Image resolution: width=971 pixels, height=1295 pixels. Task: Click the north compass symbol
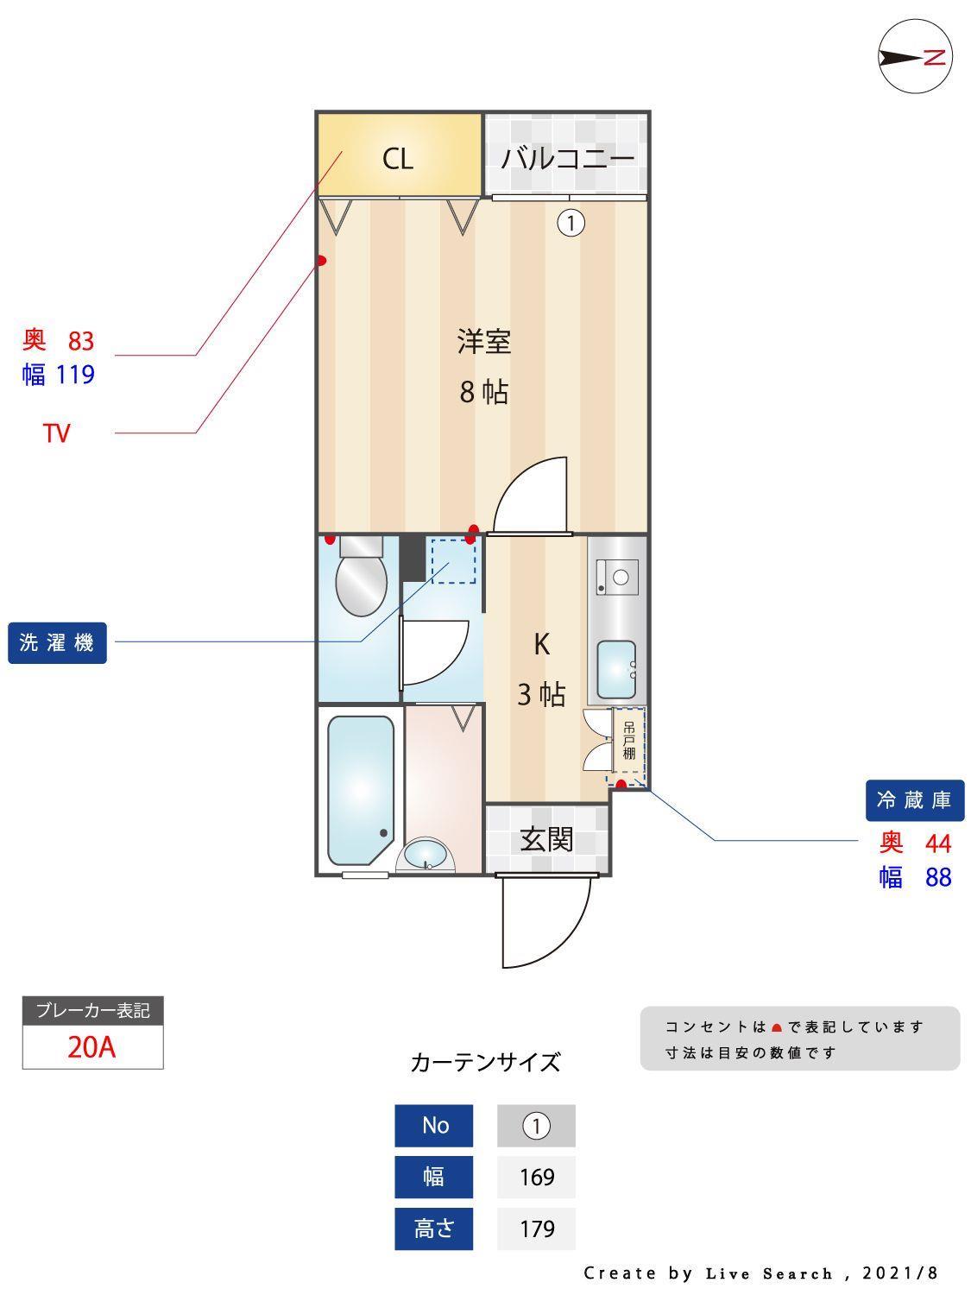915,57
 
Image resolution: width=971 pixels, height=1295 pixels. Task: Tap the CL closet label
398,159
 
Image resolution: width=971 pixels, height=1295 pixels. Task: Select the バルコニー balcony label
567,158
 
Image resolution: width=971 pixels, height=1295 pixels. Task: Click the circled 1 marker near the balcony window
571,224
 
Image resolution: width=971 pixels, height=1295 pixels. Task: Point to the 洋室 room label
483,342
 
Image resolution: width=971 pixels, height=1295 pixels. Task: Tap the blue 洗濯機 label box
57,643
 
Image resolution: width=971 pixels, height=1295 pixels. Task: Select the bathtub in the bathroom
361,790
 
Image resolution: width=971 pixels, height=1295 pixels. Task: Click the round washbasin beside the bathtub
426,856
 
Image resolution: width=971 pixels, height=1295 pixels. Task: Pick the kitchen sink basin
616,669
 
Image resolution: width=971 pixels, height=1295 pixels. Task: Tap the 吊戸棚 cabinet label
628,740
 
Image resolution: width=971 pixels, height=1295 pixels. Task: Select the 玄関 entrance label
546,839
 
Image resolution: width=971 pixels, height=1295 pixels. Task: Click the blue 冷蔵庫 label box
914,800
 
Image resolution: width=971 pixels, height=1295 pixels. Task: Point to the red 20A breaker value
92,1047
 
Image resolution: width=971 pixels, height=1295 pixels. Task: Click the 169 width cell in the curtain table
536,1177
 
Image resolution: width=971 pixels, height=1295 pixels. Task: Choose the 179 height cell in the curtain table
536,1229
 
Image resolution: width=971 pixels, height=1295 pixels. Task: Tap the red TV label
56,433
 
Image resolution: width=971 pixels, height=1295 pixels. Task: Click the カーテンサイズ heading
485,1062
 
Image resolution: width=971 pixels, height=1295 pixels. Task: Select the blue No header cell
434,1126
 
